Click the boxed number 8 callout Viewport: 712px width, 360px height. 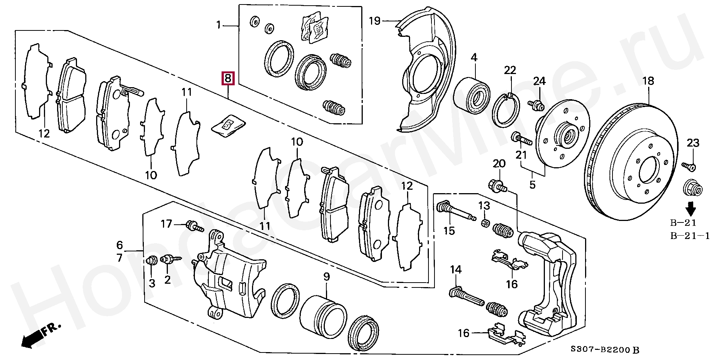click(x=228, y=79)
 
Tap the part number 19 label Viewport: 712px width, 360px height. click(x=375, y=21)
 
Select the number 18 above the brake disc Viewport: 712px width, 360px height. click(x=648, y=81)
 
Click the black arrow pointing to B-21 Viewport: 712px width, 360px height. click(x=690, y=208)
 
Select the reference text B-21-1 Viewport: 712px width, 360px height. click(x=690, y=236)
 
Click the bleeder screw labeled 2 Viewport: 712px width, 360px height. click(x=170, y=259)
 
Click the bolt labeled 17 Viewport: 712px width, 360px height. click(x=195, y=227)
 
